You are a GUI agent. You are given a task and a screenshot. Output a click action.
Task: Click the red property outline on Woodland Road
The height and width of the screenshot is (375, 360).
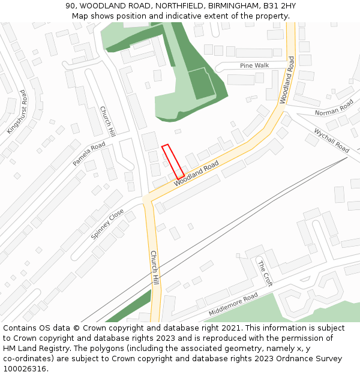[x=173, y=161]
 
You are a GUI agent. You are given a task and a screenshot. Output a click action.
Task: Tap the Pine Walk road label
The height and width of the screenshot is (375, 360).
[x=254, y=65]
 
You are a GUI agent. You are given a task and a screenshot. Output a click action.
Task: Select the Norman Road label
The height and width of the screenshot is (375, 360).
[x=335, y=110]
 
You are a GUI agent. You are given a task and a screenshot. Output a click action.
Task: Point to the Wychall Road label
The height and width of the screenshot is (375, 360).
[x=331, y=139]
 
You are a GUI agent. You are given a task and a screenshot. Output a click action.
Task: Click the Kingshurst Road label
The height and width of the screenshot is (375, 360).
[x=17, y=112]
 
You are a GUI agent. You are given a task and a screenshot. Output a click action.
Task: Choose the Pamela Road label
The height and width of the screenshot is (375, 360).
[x=89, y=154]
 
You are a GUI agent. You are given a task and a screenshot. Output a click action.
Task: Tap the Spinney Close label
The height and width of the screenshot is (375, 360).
[x=107, y=224]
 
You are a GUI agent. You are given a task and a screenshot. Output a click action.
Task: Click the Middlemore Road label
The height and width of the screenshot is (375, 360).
[x=233, y=304]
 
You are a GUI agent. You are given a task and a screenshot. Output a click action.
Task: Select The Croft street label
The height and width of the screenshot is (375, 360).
[x=265, y=273]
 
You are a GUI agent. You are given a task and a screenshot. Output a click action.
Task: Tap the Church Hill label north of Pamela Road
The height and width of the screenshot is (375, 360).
[x=107, y=121]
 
